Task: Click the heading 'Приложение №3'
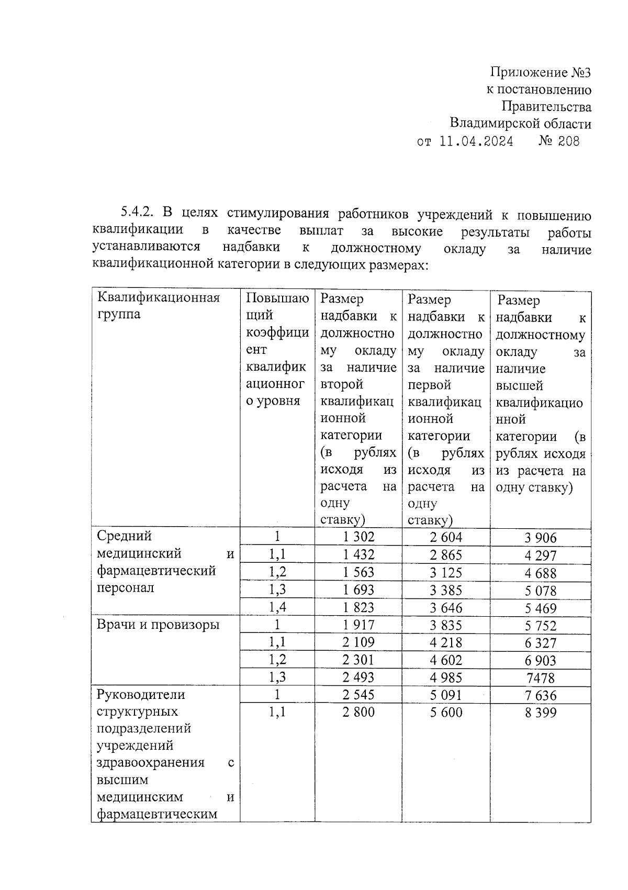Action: coord(541,72)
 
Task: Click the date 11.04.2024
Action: coord(476,141)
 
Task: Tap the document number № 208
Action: coord(559,141)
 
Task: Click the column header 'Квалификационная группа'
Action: coord(159,306)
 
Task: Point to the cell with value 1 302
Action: coord(358,537)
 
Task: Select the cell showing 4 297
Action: coord(541,555)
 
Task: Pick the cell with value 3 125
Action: coord(446,573)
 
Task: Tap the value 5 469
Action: coord(541,608)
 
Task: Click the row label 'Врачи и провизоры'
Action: coord(158,625)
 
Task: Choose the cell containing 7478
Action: coord(541,678)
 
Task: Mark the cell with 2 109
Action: coord(358,642)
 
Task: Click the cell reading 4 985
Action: coord(446,677)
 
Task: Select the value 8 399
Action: coord(541,713)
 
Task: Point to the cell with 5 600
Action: coord(446,712)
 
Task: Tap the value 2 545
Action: coord(358,695)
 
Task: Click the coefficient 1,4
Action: coord(277,607)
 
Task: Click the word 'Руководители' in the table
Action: coord(141,695)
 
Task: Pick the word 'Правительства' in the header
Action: coord(546,107)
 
